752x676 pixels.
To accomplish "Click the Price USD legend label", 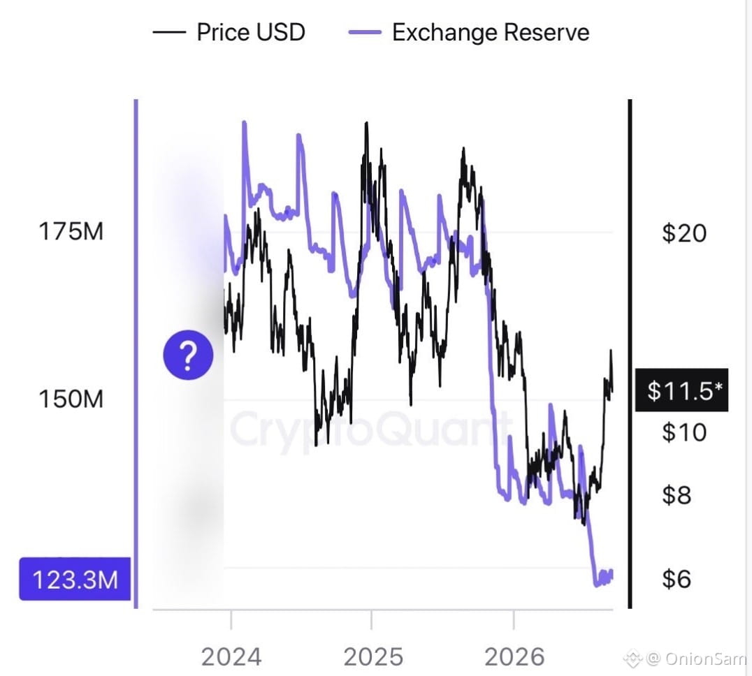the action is tap(251, 33).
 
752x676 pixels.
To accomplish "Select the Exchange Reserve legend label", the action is tap(491, 33).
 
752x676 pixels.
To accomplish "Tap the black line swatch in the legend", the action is tap(169, 33).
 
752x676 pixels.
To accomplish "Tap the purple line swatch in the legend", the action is tap(365, 33).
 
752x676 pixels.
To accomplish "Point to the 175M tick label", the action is tap(71, 231).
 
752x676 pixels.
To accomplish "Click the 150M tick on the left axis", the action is tap(71, 399).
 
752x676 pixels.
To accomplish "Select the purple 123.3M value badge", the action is tap(75, 579).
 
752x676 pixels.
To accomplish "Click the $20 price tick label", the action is tap(684, 233).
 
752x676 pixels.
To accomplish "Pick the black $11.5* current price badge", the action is tap(681, 390).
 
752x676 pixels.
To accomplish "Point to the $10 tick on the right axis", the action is tap(684, 432).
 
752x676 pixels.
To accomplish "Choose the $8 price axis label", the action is tap(677, 495).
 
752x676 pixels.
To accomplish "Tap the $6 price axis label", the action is tap(677, 579).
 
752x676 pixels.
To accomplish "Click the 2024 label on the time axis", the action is tap(231, 656).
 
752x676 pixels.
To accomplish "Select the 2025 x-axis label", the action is tap(373, 656).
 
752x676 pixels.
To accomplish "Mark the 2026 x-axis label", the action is tap(514, 656).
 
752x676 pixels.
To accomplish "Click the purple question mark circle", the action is tap(188, 355).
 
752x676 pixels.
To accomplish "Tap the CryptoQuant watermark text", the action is tap(369, 428).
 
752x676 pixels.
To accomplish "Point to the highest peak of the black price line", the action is tap(367, 124).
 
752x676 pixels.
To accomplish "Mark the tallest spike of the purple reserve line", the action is tap(244, 123).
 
